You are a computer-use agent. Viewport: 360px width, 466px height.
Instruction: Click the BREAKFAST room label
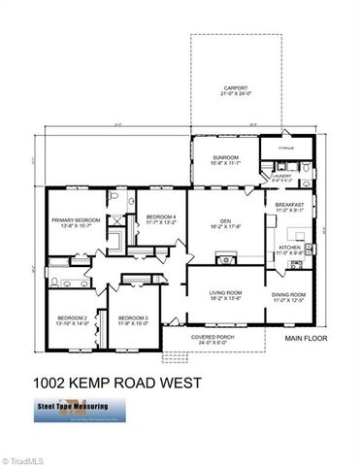click(290, 205)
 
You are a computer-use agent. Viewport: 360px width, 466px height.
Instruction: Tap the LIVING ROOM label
click(225, 292)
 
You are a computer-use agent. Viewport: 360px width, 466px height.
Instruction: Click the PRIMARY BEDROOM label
click(75, 220)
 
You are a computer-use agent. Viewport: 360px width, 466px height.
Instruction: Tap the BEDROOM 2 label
click(73, 317)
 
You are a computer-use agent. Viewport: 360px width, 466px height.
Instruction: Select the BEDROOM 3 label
click(133, 317)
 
